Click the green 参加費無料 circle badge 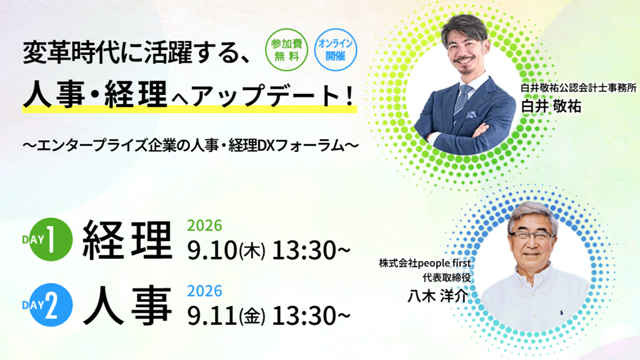(286, 49)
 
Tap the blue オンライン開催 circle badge (335, 49)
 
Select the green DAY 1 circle (51, 239)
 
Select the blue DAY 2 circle (51, 305)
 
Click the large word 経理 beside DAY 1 (127, 241)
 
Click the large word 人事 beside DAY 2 (127, 305)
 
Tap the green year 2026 (204, 225)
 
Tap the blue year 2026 (204, 291)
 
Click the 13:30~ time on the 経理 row (311, 250)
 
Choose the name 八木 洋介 (437, 296)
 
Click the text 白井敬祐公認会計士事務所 (578, 88)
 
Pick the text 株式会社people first (425, 263)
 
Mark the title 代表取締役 (447, 277)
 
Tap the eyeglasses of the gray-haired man (531, 235)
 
